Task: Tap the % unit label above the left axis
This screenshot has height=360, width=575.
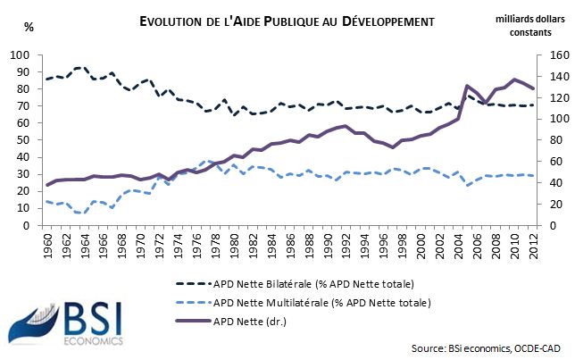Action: (29, 26)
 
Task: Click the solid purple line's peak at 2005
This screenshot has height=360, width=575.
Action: (468, 86)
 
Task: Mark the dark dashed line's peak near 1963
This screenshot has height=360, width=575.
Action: (80, 67)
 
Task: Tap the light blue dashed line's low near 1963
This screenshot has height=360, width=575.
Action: (80, 213)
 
